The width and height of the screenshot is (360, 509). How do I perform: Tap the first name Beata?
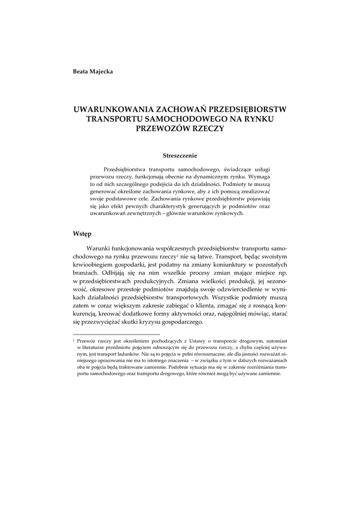pos(81,72)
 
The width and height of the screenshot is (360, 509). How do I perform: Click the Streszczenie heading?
pos(180,155)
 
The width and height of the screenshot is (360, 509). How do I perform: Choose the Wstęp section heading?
pos(82,233)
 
